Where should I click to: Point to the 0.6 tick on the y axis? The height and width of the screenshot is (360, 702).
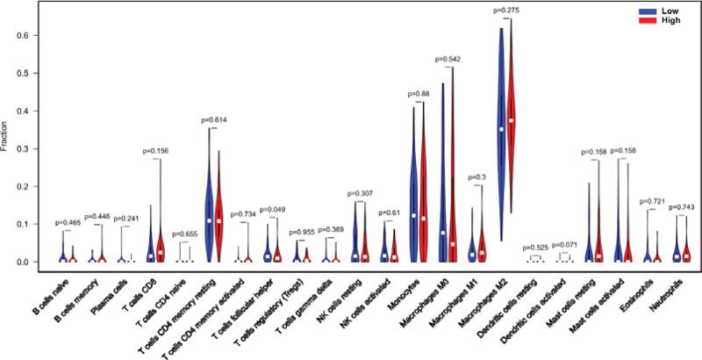pyautogui.click(x=31, y=36)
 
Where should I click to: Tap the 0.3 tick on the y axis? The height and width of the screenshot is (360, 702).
pyautogui.click(x=31, y=148)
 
